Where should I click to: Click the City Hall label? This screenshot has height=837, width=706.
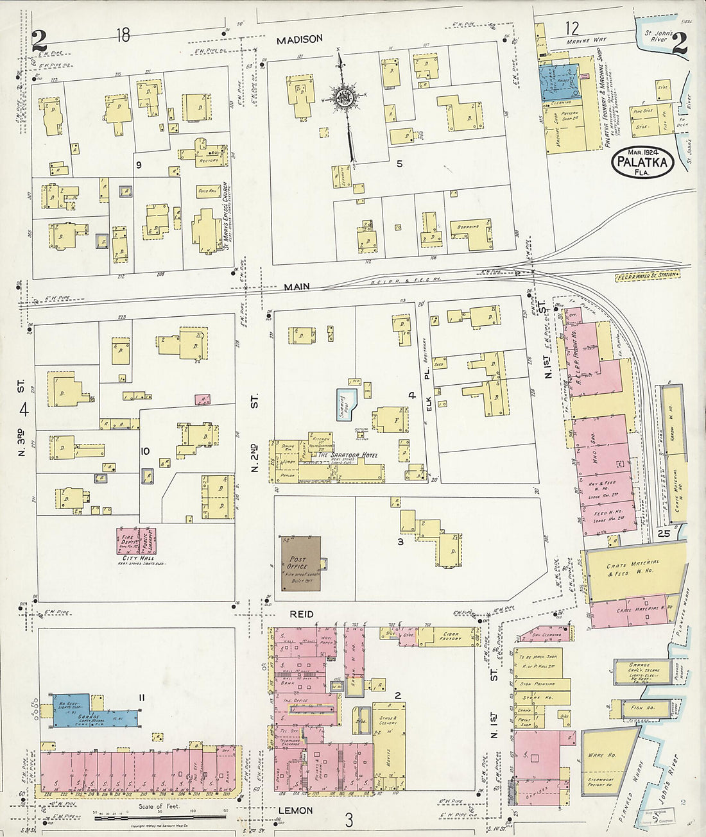135,558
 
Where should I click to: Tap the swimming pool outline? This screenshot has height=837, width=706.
346,404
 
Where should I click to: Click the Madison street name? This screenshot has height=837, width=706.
299,40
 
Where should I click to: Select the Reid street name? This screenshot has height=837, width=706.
302,614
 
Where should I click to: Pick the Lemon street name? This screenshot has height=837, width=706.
295,811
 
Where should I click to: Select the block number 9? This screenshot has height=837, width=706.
138,165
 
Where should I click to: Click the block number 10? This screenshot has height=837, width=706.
144,451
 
